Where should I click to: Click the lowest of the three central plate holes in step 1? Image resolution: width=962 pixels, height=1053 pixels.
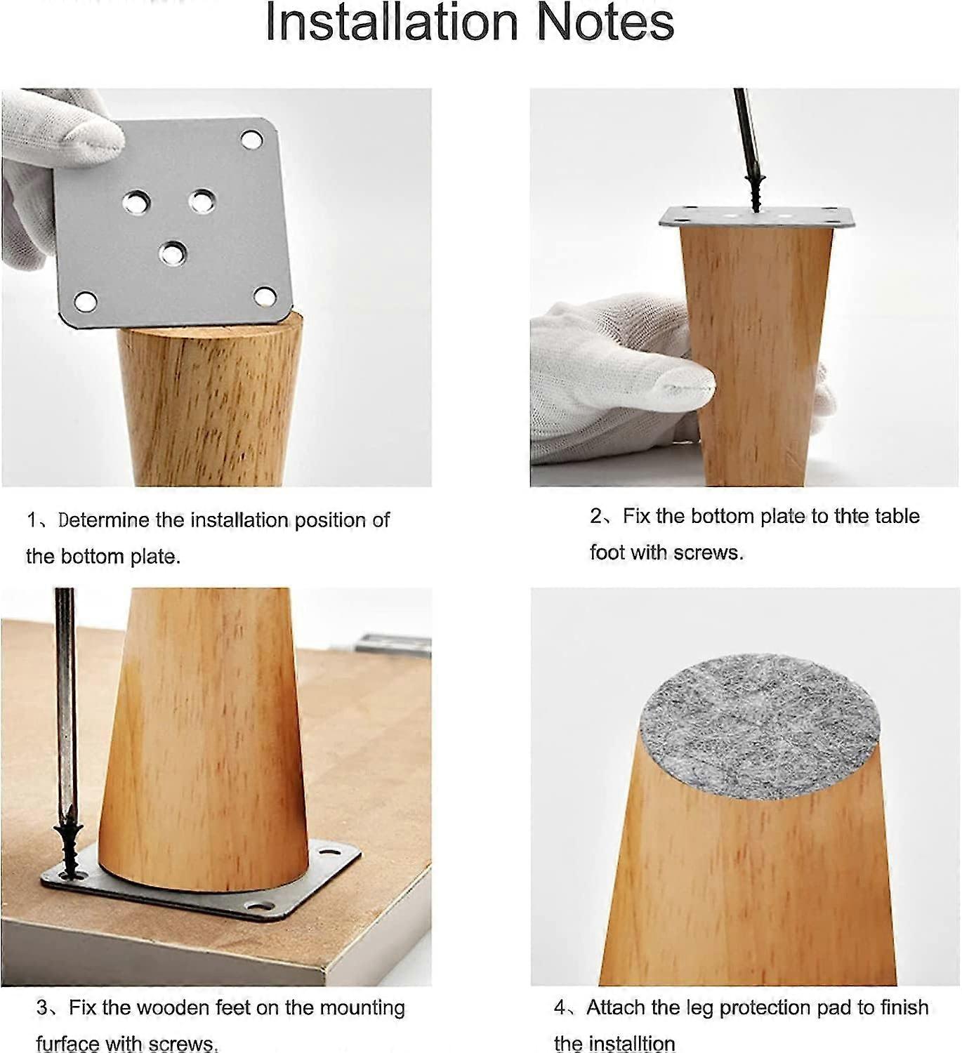point(172,252)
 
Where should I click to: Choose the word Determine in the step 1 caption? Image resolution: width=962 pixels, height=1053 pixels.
point(104,520)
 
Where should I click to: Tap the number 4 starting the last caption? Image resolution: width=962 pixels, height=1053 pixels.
point(560,1008)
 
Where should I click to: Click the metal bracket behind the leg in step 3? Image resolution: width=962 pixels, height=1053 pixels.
point(393,643)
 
